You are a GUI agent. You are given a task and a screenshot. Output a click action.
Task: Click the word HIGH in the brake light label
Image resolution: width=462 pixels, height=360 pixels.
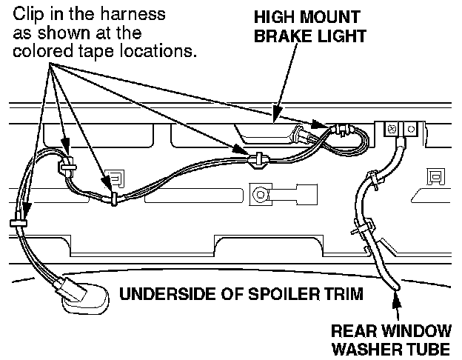[272, 17]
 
